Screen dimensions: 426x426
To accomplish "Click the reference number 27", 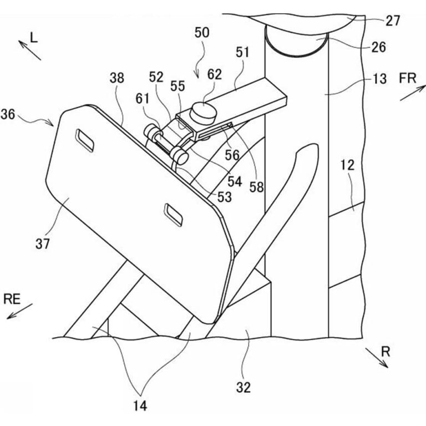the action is pyautogui.click(x=393, y=21).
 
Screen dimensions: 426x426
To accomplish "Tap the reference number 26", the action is pyautogui.click(x=378, y=47).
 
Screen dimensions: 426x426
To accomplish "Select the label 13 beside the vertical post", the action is pyautogui.click(x=379, y=79).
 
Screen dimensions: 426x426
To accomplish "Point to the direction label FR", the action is pyautogui.click(x=408, y=79).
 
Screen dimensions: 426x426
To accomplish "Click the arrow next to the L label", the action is pyautogui.click(x=29, y=50).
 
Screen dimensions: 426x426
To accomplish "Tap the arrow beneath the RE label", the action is pyautogui.click(x=19, y=311).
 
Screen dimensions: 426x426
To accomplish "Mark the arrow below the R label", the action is pyautogui.click(x=377, y=358).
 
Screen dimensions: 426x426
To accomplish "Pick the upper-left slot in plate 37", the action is pyautogui.click(x=85, y=140).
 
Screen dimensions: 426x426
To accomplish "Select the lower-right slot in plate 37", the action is pyautogui.click(x=173, y=215).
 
